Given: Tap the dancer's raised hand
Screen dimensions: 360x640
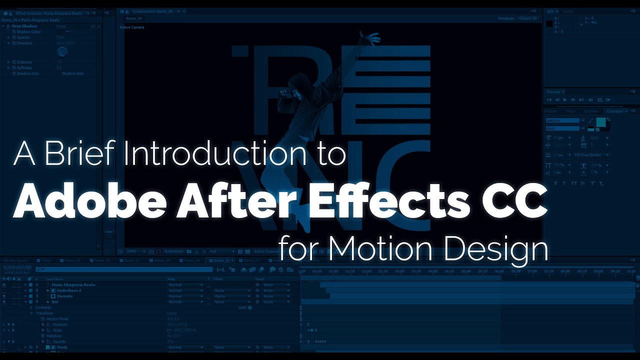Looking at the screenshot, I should click(x=370, y=36).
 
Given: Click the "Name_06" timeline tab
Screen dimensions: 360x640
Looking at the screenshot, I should click(x=221, y=260).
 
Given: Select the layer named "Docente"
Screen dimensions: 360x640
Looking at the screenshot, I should click(x=64, y=296).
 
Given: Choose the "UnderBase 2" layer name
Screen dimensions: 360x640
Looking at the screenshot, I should click(x=68, y=290).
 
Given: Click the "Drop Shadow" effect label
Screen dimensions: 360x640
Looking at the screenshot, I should click(x=24, y=26).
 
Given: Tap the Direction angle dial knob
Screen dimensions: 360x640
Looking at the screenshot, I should click(x=62, y=51).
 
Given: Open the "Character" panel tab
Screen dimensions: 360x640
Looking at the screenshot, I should click(x=614, y=111).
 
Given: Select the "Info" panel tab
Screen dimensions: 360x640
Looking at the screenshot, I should click(x=550, y=11).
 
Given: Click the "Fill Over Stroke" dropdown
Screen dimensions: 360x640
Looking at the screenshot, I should click(x=591, y=155).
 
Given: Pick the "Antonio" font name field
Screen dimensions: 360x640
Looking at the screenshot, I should click(x=564, y=120).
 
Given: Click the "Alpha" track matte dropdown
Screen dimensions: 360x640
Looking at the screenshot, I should click(x=231, y=296).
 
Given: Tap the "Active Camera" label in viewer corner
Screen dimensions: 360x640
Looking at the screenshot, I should click(x=132, y=27).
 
